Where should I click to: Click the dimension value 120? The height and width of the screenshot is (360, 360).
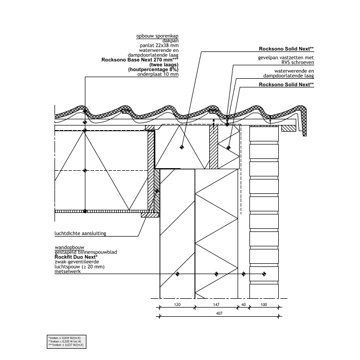(177, 305)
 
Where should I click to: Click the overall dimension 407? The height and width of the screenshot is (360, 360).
(219, 313)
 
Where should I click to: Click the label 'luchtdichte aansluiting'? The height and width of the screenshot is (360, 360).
(80, 233)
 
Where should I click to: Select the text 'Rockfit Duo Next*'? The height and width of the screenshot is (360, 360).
(74, 257)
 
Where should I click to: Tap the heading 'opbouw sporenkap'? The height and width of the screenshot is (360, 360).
(157, 37)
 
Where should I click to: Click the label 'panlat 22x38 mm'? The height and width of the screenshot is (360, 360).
(161, 46)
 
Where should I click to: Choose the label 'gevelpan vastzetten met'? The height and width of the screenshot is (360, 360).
(285, 58)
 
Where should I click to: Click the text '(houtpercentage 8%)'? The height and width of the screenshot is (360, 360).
(153, 70)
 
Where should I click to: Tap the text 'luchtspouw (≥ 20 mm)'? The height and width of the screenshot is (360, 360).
(79, 267)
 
